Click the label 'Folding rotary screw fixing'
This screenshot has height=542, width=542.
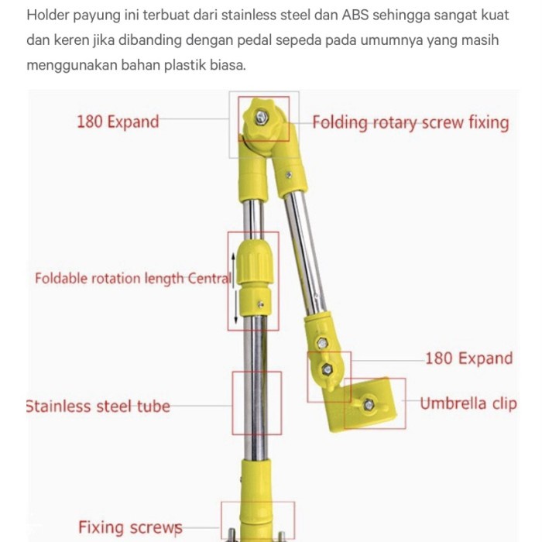[410, 123]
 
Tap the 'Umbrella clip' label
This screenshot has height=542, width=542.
[468, 403]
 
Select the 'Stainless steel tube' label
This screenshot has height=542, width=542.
[98, 406]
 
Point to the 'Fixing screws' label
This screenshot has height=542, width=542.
[130, 528]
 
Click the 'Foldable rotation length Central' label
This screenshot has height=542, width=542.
[133, 279]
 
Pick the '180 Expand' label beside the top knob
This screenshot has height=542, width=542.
[118, 122]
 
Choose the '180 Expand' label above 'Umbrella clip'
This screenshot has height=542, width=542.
[468, 358]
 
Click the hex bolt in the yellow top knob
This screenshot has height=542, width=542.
[262, 117]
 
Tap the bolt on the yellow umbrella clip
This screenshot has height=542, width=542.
[369, 404]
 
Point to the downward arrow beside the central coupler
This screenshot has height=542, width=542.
[235, 307]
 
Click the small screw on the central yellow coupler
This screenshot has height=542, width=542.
[261, 304]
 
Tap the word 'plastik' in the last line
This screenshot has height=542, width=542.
[185, 65]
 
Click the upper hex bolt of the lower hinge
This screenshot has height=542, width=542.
[323, 343]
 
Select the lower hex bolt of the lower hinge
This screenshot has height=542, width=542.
[327, 369]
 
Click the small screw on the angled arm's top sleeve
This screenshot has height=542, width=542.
[289, 175]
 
